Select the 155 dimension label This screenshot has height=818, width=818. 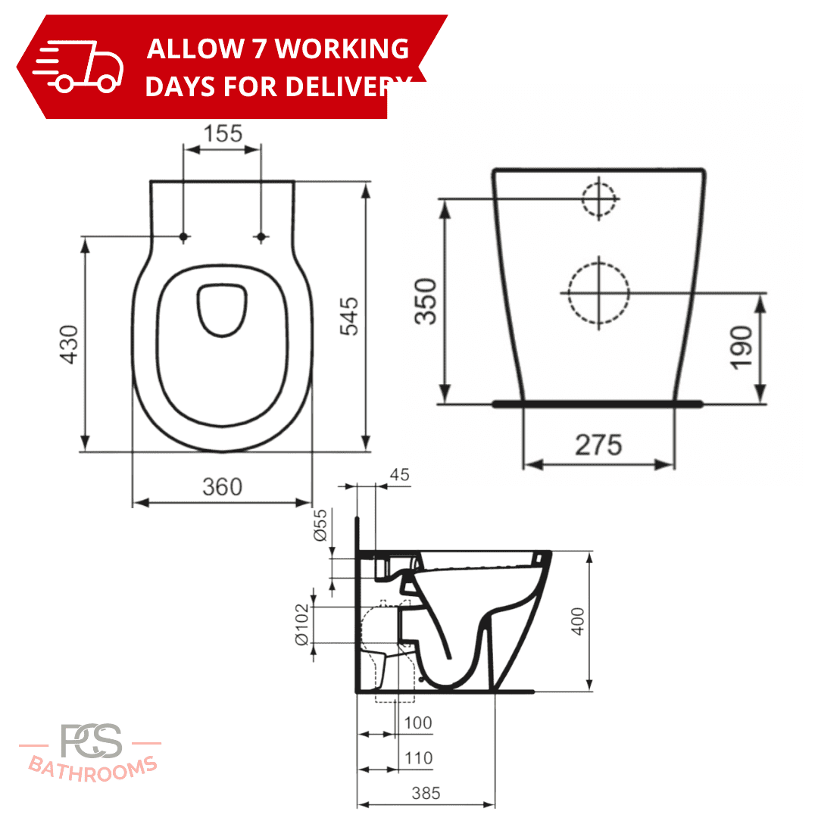click(x=223, y=133)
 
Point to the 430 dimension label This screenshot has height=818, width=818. click(x=70, y=345)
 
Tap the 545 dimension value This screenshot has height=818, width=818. click(x=349, y=316)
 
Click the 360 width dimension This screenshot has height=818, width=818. click(x=223, y=486)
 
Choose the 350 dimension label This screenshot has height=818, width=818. click(x=426, y=301)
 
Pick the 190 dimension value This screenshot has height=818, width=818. click(x=742, y=347)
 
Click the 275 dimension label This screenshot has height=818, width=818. click(x=598, y=445)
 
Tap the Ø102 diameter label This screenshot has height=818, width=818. click(x=302, y=624)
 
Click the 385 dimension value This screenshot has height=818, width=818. click(x=426, y=793)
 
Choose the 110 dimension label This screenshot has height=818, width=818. click(x=419, y=757)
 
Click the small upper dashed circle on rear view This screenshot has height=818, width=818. click(x=599, y=198)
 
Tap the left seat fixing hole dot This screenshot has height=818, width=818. click(x=183, y=237)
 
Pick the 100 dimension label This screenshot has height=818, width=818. click(x=418, y=723)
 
